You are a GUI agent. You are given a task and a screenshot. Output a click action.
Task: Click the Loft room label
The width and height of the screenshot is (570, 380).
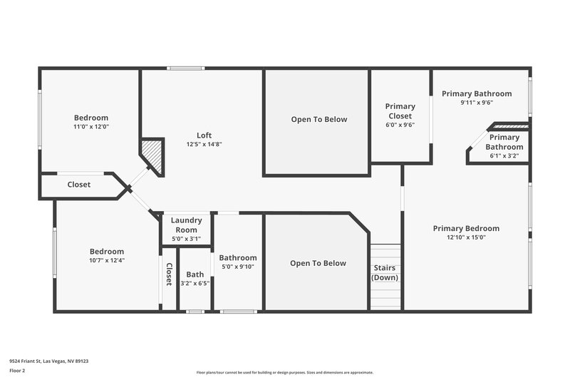click(204, 135)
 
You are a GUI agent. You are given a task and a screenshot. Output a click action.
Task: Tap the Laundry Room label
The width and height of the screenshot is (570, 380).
click(186, 225)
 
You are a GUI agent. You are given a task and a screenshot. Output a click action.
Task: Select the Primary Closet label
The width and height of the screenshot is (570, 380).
click(400, 111)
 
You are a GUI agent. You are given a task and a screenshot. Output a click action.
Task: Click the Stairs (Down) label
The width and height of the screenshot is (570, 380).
click(385, 273)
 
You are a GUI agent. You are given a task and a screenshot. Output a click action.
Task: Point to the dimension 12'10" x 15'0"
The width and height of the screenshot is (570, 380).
click(466, 237)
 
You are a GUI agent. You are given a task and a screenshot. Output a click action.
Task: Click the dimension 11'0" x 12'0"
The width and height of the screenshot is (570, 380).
click(91, 127)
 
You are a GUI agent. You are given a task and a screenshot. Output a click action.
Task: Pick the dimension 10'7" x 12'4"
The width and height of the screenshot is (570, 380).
click(107, 260)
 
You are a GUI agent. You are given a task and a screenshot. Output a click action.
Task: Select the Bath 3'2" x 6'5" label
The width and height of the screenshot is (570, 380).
click(195, 279)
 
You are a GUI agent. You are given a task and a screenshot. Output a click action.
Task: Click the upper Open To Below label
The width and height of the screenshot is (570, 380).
click(319, 119)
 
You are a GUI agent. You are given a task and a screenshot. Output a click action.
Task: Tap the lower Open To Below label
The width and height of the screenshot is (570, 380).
click(318, 263)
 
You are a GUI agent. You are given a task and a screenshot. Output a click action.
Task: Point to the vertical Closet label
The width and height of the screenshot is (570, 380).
click(169, 274)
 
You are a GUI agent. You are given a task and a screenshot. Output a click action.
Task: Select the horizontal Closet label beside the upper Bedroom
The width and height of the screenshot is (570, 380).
click(79, 185)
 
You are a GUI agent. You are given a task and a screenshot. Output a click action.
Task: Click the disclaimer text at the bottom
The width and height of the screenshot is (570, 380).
click(284, 372)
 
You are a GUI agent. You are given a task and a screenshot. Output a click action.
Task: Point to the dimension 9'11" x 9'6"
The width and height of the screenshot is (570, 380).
click(477, 102)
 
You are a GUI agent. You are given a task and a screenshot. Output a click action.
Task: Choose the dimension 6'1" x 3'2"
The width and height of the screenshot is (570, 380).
click(504, 155)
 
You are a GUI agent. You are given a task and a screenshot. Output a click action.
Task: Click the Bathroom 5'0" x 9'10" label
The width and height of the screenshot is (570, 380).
click(238, 262)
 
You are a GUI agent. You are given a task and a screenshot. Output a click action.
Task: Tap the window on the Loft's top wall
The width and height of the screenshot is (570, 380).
click(187, 68)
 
